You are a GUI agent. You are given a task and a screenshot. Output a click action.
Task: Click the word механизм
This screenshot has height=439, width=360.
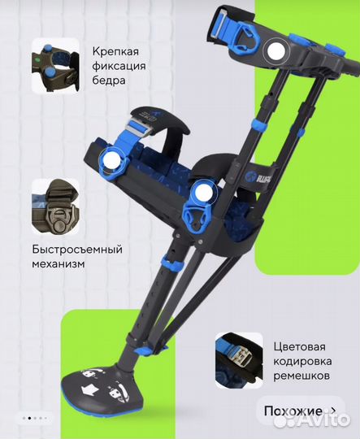59,264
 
